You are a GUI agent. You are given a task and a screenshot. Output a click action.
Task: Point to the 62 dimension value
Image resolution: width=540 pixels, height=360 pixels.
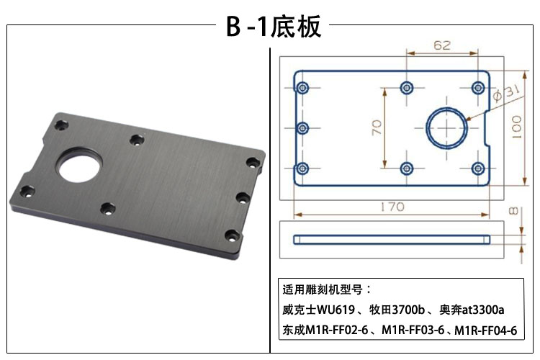442,45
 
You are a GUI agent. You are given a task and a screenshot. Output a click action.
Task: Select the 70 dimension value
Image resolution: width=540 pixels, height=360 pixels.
375,127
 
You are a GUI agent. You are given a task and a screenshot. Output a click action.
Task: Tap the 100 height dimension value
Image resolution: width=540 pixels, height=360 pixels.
516,128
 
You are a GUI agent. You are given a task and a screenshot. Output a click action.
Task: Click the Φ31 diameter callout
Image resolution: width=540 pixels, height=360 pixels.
503,94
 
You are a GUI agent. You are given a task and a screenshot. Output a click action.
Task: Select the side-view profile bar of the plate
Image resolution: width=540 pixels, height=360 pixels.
392,238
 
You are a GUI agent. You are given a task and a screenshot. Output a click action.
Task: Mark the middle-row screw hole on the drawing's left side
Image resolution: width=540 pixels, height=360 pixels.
302,128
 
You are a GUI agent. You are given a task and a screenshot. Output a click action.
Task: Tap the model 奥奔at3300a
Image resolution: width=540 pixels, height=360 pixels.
472,310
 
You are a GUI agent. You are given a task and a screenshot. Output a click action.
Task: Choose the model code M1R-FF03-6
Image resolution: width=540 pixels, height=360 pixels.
413,330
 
